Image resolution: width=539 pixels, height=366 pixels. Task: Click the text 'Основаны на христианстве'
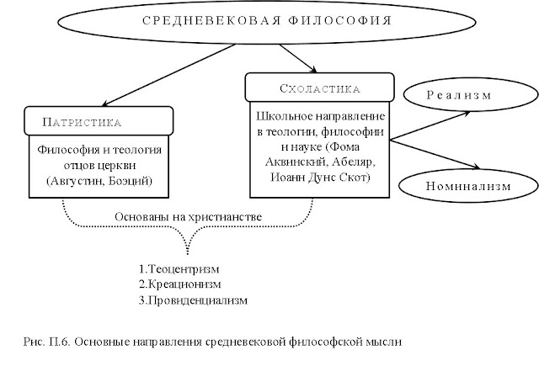[189, 216]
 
